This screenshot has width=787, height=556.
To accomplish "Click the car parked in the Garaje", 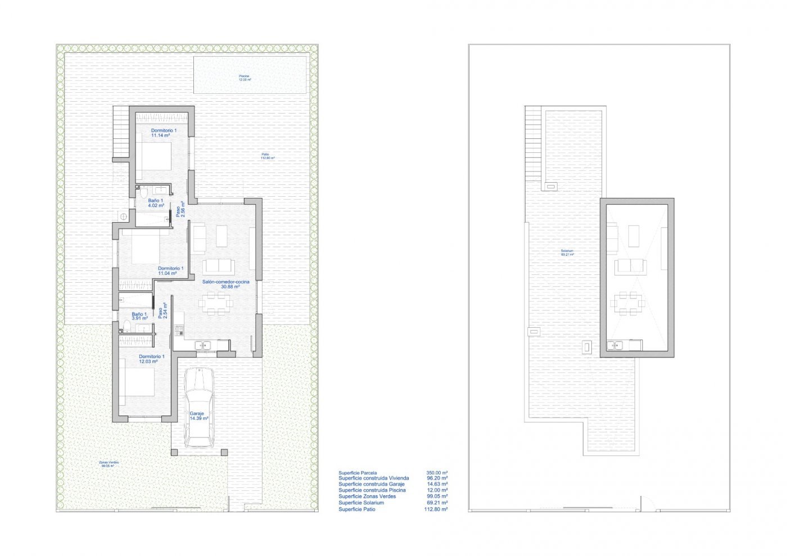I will click(x=199, y=406).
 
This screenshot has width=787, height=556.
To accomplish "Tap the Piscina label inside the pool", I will click(x=244, y=78).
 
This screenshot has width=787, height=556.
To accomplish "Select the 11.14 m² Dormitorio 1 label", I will click(x=164, y=133).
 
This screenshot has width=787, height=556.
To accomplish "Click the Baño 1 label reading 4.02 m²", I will click(x=156, y=203).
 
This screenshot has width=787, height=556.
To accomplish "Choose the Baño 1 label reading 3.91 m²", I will click(x=139, y=316).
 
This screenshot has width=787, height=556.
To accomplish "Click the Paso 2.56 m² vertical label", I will click(x=180, y=209).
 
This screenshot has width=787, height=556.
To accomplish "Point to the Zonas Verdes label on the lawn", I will click(x=109, y=464).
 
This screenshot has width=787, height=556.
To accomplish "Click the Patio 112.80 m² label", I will click(x=266, y=156).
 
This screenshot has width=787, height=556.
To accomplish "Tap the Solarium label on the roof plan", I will click(x=567, y=252).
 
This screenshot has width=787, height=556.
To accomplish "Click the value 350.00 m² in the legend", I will click(x=437, y=473).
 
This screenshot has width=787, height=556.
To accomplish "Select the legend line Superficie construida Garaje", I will click(x=371, y=484).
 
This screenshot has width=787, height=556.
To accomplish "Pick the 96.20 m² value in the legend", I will click(x=437, y=478).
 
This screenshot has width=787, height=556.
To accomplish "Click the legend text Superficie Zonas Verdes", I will click(x=367, y=496).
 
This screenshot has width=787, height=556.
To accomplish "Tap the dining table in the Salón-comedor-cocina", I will click(x=214, y=303).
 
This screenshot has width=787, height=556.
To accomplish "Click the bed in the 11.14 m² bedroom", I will click(x=153, y=159).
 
